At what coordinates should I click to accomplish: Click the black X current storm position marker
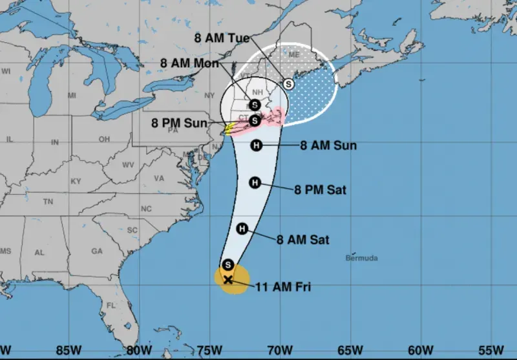[227, 280]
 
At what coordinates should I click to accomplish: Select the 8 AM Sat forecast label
[303, 240]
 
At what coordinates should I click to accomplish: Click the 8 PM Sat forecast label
[321, 190]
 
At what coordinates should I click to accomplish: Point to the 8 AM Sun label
[328, 145]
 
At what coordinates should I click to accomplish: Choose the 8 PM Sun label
[180, 123]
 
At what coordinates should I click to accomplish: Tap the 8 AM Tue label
[222, 37]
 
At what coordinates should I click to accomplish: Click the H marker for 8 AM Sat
[242, 228]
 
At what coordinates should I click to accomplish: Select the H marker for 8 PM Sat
[255, 183]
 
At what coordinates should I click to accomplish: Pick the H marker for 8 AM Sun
[256, 145]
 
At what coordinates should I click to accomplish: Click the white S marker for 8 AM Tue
[288, 83]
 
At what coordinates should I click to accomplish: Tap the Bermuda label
[361, 258]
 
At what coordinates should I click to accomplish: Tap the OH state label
[103, 139]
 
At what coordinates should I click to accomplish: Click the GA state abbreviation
[97, 251]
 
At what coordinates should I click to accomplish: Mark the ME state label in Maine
[294, 55]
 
